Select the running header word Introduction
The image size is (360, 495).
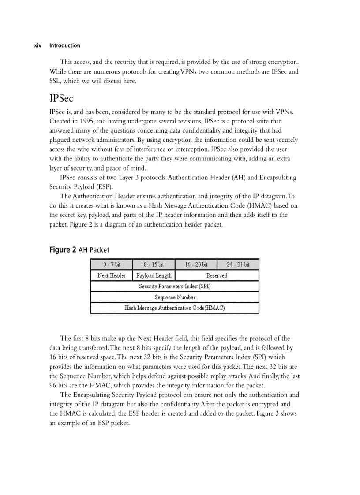point(65,45)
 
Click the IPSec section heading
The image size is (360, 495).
point(61,98)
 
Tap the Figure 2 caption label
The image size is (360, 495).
point(60,250)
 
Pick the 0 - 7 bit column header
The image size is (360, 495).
point(112,264)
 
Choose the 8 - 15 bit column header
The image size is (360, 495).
point(154,264)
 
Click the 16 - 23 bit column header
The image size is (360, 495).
point(196,264)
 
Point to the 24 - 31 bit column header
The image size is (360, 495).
point(238,264)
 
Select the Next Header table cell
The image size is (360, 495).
point(112,275)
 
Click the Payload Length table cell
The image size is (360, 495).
point(154,275)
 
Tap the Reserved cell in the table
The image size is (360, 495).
point(217,275)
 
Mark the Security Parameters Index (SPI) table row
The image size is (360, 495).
point(175,287)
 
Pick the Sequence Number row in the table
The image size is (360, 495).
point(175,297)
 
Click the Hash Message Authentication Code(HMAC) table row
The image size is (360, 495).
point(175,308)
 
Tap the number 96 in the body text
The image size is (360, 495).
point(53,385)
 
